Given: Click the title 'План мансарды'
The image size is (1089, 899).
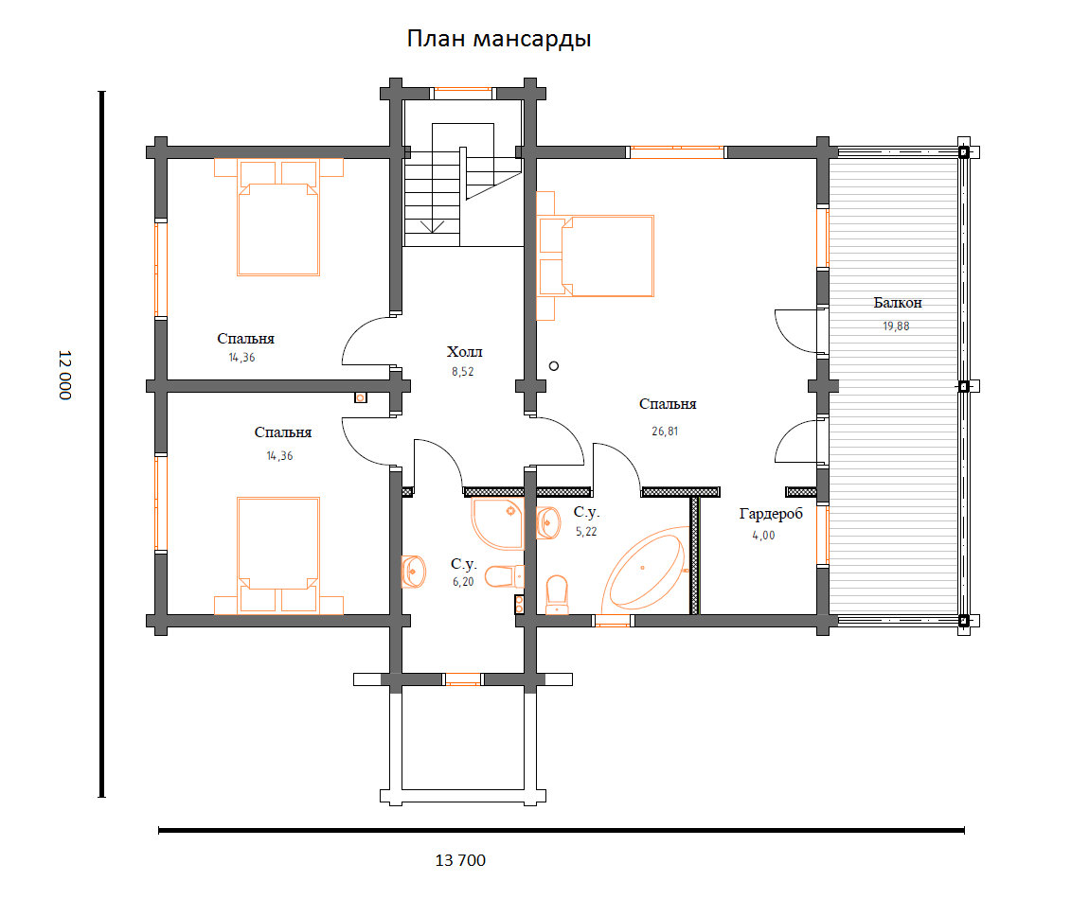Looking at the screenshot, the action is click(499, 40).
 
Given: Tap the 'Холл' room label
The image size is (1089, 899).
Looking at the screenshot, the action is click(465, 351).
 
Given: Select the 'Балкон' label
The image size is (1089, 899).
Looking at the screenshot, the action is click(898, 303).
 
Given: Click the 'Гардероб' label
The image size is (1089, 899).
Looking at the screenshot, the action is click(771, 514).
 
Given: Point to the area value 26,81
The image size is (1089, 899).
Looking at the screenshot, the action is click(665, 432).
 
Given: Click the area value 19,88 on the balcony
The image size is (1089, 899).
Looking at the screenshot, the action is click(896, 326).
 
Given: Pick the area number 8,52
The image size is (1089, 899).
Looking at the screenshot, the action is click(462, 371).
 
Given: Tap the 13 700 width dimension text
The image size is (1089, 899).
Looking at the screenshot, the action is click(460, 860).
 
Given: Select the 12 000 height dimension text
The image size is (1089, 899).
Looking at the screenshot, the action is click(64, 375).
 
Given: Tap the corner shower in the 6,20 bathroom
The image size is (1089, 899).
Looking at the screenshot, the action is click(497, 522).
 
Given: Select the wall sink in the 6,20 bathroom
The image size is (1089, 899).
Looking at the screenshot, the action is click(413, 572).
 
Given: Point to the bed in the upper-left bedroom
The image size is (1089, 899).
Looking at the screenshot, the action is click(278, 218).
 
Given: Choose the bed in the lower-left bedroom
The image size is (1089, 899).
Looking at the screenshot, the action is click(278, 555).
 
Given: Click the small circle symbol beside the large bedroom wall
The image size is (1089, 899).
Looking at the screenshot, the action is click(554, 366).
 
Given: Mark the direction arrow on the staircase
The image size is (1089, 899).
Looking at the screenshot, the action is click(432, 226).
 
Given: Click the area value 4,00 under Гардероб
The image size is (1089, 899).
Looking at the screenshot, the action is click(764, 536).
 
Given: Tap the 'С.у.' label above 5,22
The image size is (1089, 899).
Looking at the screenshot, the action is click(586, 512).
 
